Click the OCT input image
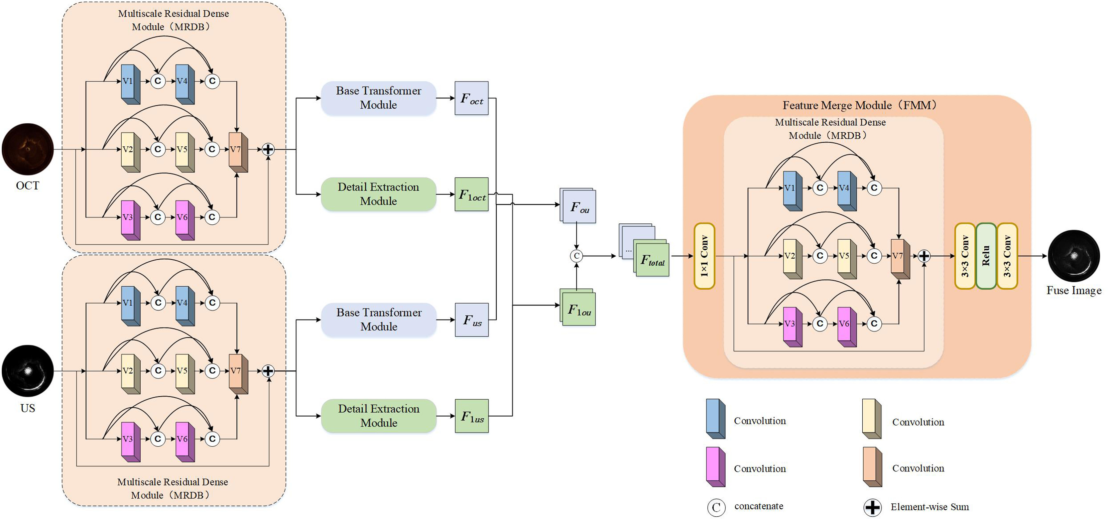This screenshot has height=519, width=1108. pyautogui.click(x=28, y=149)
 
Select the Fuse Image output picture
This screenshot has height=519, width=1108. pyautogui.click(x=1073, y=256)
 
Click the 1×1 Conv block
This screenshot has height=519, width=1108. pyautogui.click(x=704, y=256)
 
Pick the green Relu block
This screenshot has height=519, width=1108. pyautogui.click(x=986, y=256)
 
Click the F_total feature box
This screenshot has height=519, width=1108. pyautogui.click(x=652, y=259)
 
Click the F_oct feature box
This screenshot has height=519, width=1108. pyautogui.click(x=471, y=98)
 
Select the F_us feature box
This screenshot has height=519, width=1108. pyautogui.click(x=472, y=320)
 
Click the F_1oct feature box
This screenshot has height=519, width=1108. pyautogui.click(x=471, y=195)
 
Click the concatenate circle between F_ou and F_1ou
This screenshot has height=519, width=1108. pyautogui.click(x=576, y=256)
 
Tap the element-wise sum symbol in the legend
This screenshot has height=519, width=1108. pyautogui.click(x=872, y=507)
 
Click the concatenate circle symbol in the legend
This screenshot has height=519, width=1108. pyautogui.click(x=716, y=507)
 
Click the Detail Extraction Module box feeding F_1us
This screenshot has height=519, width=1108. pyautogui.click(x=379, y=416)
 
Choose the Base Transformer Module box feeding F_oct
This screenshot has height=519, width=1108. pyautogui.click(x=379, y=98)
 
